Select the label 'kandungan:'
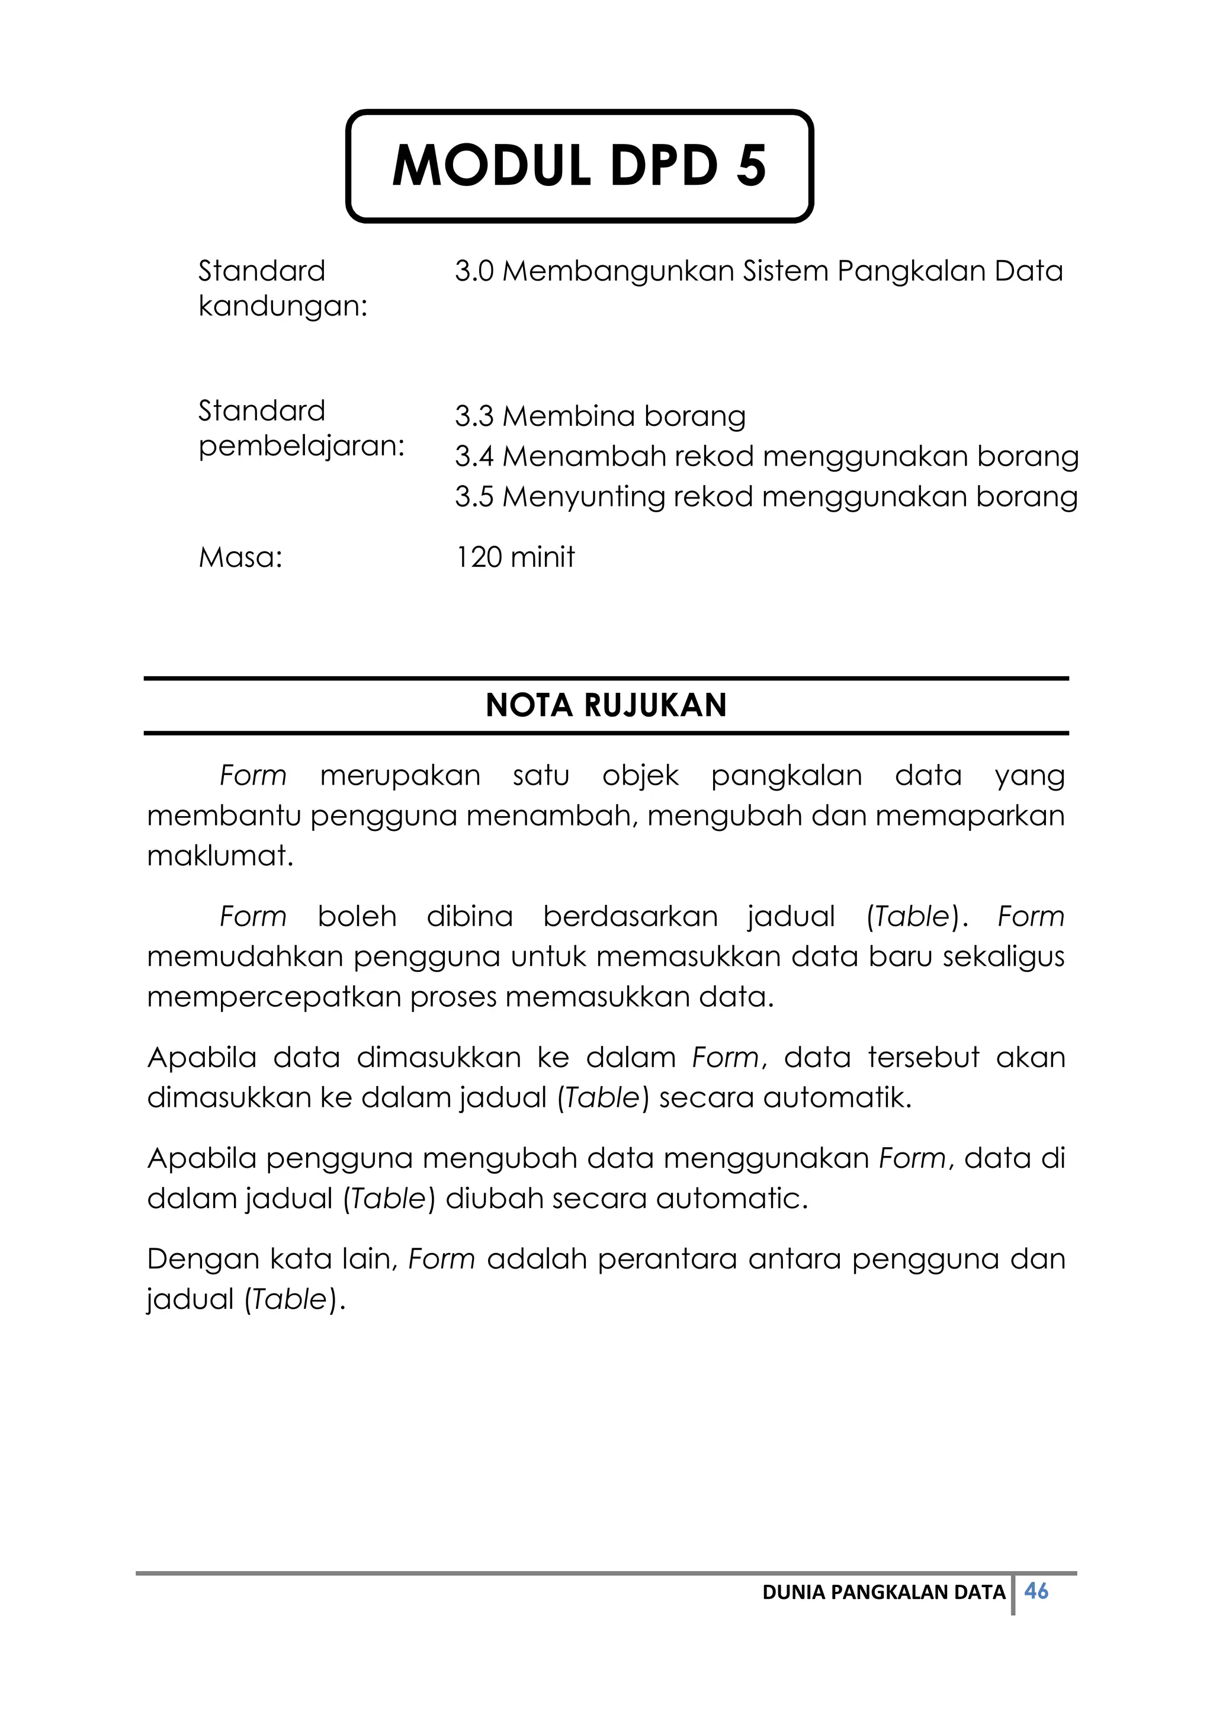pos(283,306)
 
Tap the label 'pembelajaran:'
pos(301,446)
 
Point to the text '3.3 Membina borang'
pos(600,416)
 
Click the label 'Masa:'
pos(240,557)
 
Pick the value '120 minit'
pos(515,557)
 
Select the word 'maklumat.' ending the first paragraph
pos(220,856)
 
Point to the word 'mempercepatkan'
pos(274,997)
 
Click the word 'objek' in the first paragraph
pos(640,775)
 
